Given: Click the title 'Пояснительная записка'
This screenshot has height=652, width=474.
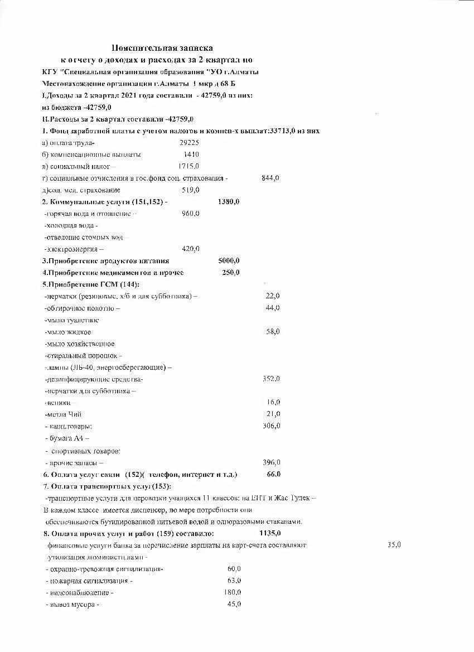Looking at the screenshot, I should click(x=162, y=48).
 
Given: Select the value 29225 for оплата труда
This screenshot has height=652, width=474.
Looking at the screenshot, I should click(x=190, y=143).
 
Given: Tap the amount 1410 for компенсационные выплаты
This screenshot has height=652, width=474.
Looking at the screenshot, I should click(x=191, y=154).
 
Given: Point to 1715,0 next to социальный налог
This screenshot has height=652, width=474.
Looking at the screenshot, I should click(x=188, y=166).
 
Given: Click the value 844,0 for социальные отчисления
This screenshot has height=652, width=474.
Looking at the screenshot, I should click(x=270, y=178).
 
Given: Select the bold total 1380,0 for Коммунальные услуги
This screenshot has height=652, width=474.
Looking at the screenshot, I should click(x=229, y=201).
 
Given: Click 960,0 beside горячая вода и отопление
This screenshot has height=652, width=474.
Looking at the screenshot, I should click(x=191, y=214).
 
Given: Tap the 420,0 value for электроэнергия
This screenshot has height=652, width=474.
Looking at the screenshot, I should click(x=191, y=249).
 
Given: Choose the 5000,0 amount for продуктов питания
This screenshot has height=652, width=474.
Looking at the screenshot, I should click(x=229, y=260).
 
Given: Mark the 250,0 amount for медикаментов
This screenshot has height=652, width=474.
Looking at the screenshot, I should click(x=230, y=272).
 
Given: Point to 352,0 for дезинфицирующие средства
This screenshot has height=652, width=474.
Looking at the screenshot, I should click(x=271, y=379).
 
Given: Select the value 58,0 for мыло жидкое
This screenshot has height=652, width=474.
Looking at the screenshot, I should click(x=273, y=331).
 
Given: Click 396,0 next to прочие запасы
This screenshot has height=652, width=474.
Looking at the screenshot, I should click(x=271, y=462).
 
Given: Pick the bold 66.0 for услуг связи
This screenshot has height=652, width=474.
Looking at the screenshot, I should click(x=273, y=474).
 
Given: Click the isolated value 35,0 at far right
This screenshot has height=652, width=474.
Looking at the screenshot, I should click(x=394, y=544).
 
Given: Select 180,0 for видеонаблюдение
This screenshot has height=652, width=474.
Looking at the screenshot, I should click(x=233, y=592).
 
